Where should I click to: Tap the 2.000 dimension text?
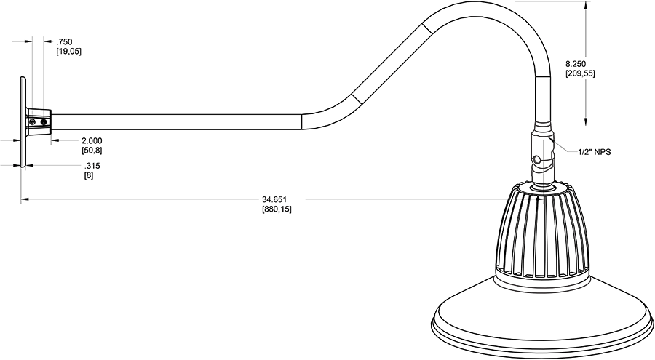[x=92, y=140]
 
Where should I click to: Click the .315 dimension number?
[x=92, y=166]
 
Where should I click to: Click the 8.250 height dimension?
[x=579, y=63]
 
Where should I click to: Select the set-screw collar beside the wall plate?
[x=38, y=121]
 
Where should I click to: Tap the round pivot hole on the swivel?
[x=536, y=159]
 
